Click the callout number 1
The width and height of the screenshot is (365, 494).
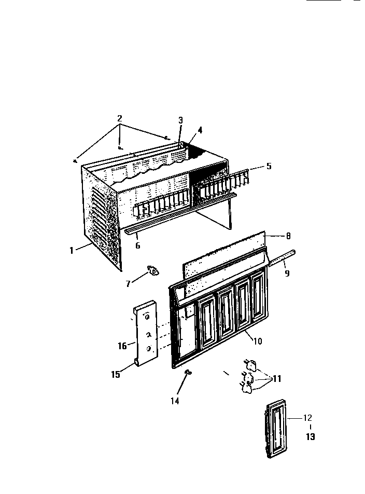(x=72, y=250)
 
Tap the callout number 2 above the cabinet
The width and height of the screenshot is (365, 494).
(x=120, y=118)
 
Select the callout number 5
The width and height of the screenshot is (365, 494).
(x=269, y=167)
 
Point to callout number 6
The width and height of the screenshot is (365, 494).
(x=138, y=246)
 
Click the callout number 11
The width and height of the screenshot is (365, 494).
(x=276, y=379)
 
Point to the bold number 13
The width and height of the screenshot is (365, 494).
(x=310, y=437)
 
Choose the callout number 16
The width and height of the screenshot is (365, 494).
(x=123, y=346)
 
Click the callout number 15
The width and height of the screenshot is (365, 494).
(x=116, y=373)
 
